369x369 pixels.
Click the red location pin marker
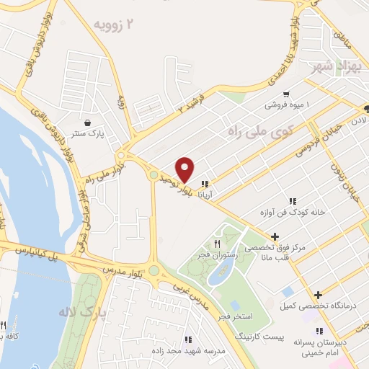185,169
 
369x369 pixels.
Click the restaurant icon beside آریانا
205,183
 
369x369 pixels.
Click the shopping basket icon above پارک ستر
87,123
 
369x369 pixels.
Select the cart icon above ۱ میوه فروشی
287,94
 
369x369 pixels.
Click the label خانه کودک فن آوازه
293,214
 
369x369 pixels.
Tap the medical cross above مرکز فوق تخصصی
275,236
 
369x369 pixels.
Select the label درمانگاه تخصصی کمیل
318,307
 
